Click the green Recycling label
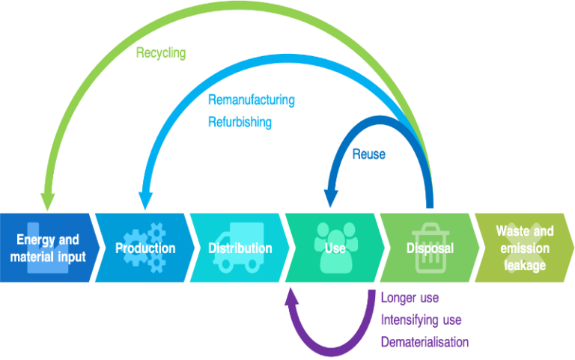pyautogui.click(x=160, y=53)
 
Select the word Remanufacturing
pyautogui.click(x=251, y=100)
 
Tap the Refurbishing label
pyautogui.click(x=239, y=121)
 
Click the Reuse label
pyautogui.click(x=368, y=154)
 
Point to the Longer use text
pyautogui.click(x=410, y=298)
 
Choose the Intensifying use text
pyautogui.click(x=421, y=320)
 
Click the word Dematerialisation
pyautogui.click(x=425, y=342)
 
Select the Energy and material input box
pyautogui.click(x=46, y=248)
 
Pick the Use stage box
pyautogui.click(x=333, y=248)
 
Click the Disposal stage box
pyautogui.click(x=428, y=248)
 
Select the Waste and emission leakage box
pyautogui.click(x=524, y=248)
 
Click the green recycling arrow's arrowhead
pyautogui.click(x=47, y=201)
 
